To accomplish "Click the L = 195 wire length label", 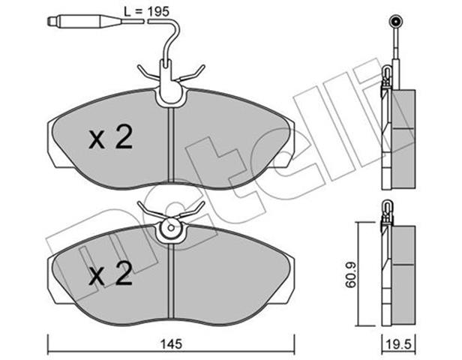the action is [146, 11].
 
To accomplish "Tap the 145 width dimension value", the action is [172, 343].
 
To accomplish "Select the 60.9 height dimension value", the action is [351, 275].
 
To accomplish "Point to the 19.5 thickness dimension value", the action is [399, 345].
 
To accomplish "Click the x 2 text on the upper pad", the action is [111, 138].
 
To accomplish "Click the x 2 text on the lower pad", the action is [110, 274].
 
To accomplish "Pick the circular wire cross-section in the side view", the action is [395, 21].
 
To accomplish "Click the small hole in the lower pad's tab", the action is [170, 228].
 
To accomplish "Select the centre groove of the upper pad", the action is [171, 145].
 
